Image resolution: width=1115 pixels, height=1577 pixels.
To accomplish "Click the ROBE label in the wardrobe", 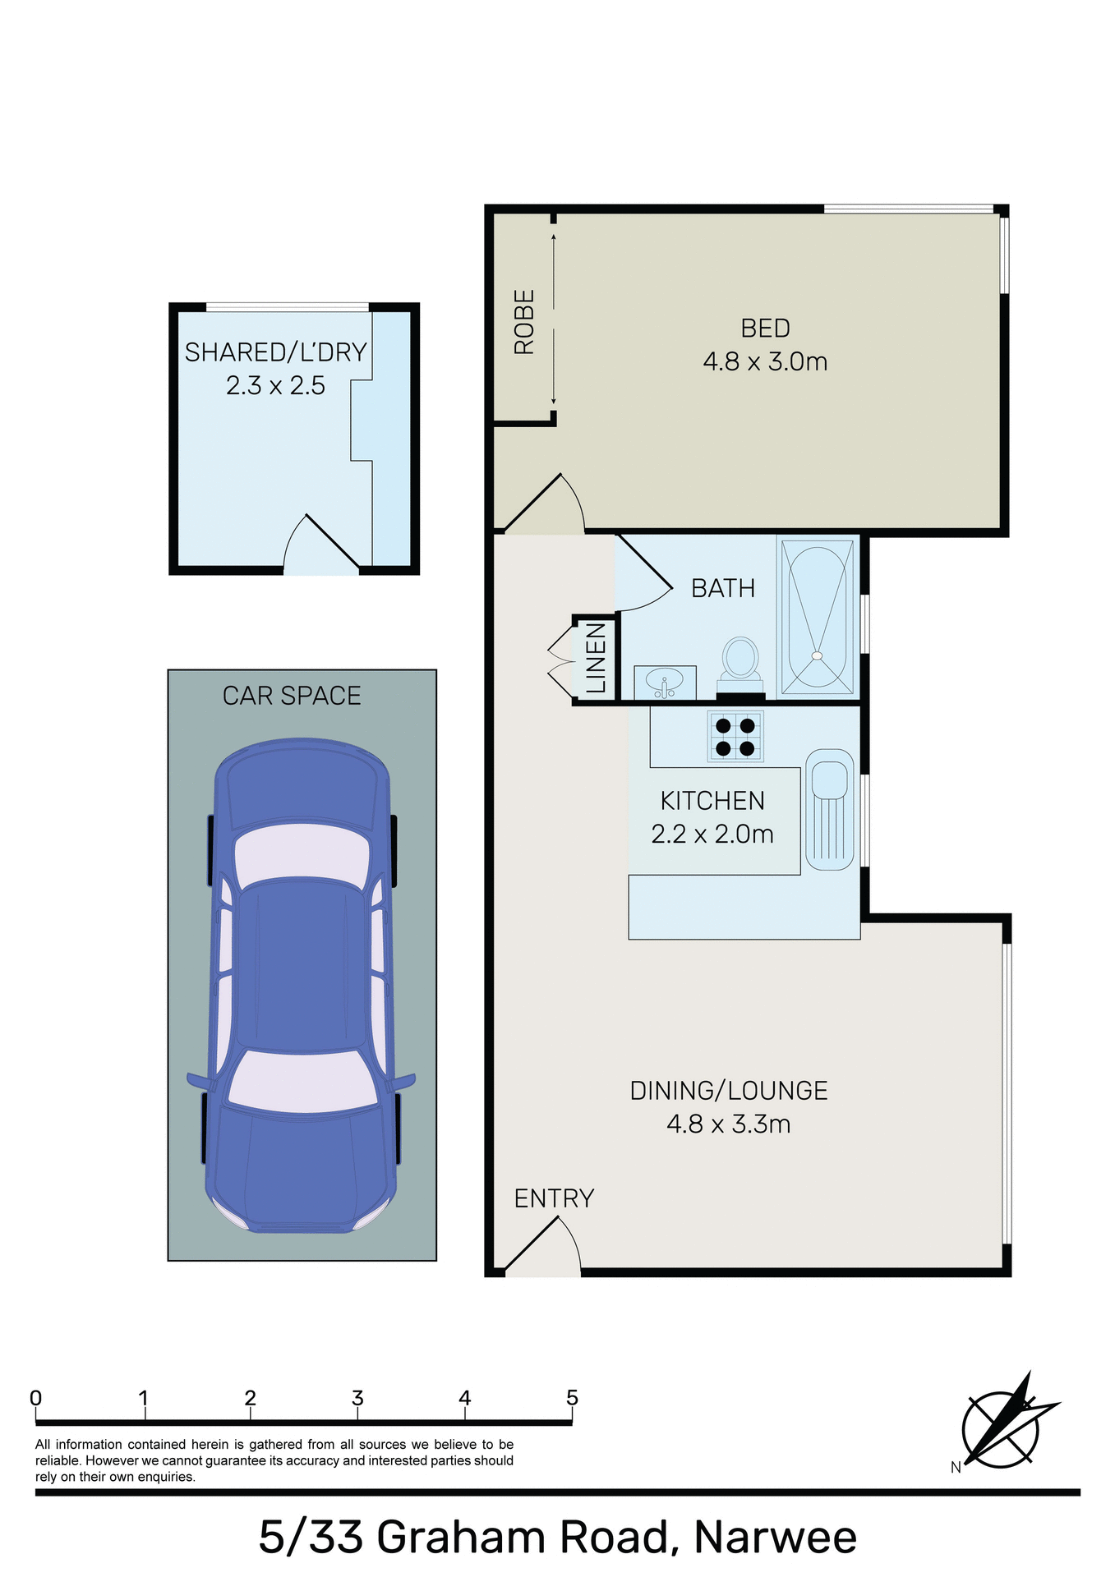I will (x=523, y=322).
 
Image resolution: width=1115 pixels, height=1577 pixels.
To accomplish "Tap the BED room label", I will (x=765, y=329).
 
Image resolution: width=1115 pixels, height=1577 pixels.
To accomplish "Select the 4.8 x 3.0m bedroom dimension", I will (x=765, y=361).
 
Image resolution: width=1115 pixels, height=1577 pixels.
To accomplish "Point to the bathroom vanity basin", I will (x=665, y=683).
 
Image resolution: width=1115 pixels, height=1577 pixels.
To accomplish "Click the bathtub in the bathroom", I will (x=817, y=617).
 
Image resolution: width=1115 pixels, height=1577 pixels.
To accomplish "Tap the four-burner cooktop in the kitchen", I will (x=735, y=737).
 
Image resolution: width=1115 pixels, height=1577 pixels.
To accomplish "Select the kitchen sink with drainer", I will (x=829, y=809).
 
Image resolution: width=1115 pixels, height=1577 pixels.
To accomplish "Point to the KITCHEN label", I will (x=712, y=801).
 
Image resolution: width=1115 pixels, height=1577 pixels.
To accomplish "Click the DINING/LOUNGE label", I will (x=729, y=1091).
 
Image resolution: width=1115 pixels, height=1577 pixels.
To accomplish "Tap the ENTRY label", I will (x=554, y=1198).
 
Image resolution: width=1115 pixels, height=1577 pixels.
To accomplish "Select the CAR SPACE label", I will (x=292, y=696).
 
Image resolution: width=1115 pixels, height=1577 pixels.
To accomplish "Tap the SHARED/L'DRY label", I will (x=275, y=352).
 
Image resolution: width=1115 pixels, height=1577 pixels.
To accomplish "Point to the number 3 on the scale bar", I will (x=357, y=1398).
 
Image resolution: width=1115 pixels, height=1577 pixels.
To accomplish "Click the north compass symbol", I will (x=1003, y=1429).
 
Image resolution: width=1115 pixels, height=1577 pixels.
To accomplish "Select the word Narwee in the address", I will (x=775, y=1538).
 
